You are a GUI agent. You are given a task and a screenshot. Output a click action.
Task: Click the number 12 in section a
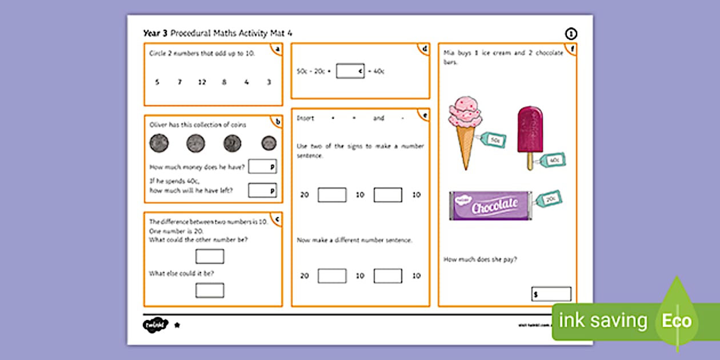coord(202,82)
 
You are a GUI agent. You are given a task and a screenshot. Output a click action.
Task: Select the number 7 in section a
coord(179,82)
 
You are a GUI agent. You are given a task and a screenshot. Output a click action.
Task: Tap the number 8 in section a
coord(224,82)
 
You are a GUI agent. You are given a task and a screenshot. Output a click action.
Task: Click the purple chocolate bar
coord(491,206)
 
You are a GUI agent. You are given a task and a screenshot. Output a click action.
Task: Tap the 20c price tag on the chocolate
coord(550,198)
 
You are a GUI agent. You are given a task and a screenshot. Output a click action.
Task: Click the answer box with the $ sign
coord(551,294)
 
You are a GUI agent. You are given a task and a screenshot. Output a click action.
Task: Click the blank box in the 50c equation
coord(350,71)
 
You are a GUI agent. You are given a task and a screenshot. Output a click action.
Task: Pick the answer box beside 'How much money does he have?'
coord(262,166)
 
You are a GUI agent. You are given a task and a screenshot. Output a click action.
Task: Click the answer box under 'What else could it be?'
coord(210,290)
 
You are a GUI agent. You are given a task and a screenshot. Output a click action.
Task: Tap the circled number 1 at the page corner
coord(570,34)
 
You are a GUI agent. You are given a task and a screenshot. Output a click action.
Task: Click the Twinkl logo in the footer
coord(155,325)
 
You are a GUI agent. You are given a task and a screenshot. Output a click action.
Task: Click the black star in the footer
coord(177,325)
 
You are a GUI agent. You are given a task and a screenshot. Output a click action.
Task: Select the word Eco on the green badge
coord(677,321)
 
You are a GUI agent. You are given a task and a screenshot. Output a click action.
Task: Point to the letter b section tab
coord(278,121)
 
